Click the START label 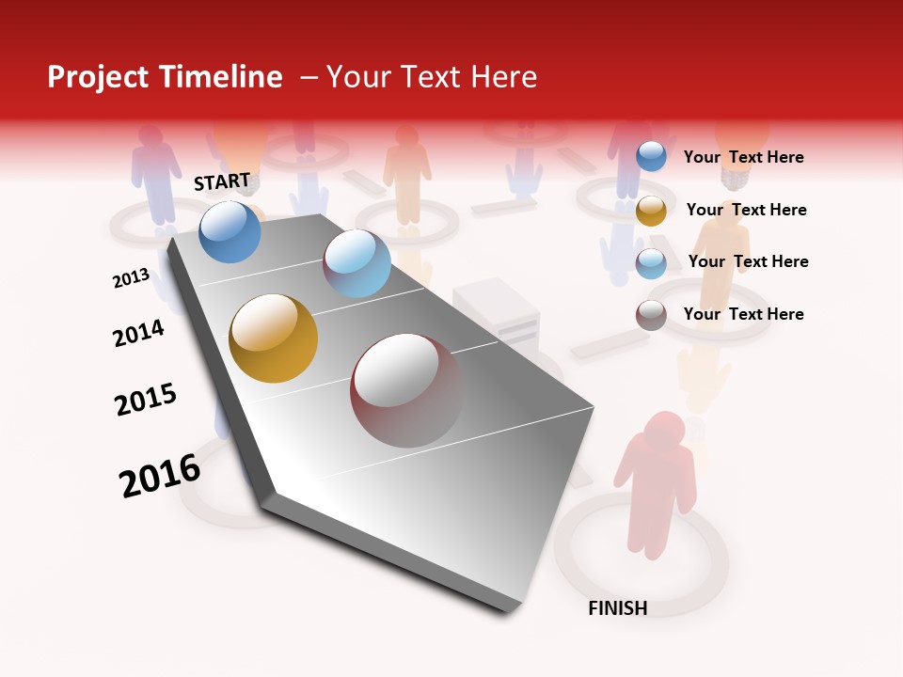(222, 181)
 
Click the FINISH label (617, 608)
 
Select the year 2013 (131, 278)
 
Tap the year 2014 (138, 334)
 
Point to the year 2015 (146, 399)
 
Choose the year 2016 (160, 476)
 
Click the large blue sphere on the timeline (230, 231)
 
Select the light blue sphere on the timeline (356, 263)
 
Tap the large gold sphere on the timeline (274, 338)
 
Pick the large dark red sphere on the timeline (407, 390)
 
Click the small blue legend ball (651, 157)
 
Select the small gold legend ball (651, 211)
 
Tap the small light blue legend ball (651, 263)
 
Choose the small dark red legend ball (651, 315)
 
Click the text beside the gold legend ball (746, 210)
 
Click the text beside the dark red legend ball (743, 314)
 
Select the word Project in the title (98, 77)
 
